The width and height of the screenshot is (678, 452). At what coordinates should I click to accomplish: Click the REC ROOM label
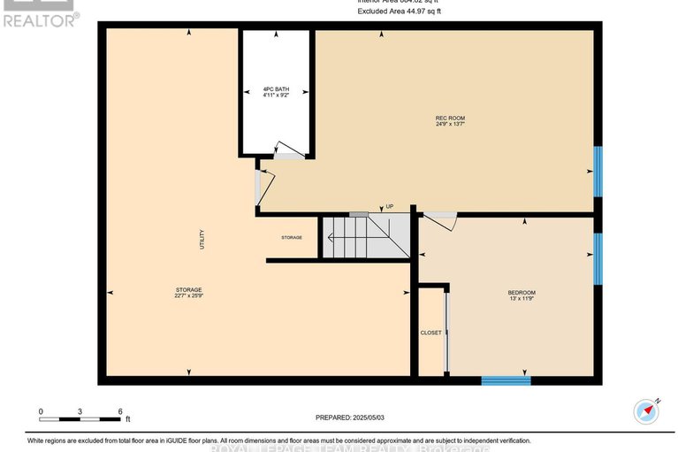click(x=450, y=118)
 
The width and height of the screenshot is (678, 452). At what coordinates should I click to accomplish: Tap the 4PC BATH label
click(x=276, y=89)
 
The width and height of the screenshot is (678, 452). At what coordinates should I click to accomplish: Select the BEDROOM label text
click(x=521, y=293)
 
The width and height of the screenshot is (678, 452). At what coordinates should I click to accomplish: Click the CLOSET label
click(x=430, y=333)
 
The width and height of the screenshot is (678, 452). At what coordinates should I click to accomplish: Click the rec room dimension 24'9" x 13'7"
click(x=450, y=125)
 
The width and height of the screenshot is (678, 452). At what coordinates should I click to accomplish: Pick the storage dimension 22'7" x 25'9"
click(x=188, y=297)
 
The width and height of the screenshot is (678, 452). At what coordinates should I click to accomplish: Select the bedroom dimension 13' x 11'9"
click(x=521, y=300)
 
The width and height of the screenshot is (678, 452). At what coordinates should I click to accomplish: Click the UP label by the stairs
click(x=388, y=206)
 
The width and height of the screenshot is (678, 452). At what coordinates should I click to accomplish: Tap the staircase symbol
click(x=364, y=237)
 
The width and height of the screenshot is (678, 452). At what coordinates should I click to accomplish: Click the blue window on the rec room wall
click(x=598, y=171)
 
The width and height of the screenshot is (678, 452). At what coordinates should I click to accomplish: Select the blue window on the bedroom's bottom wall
click(x=506, y=380)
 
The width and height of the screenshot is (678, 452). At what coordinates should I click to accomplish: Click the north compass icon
click(x=647, y=410)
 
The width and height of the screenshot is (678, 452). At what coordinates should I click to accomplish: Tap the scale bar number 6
click(x=119, y=412)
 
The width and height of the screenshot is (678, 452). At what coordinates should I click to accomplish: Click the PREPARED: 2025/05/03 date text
click(x=352, y=418)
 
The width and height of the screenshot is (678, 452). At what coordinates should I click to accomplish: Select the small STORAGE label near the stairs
click(x=292, y=238)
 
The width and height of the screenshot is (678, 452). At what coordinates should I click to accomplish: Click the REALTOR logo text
click(x=40, y=19)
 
